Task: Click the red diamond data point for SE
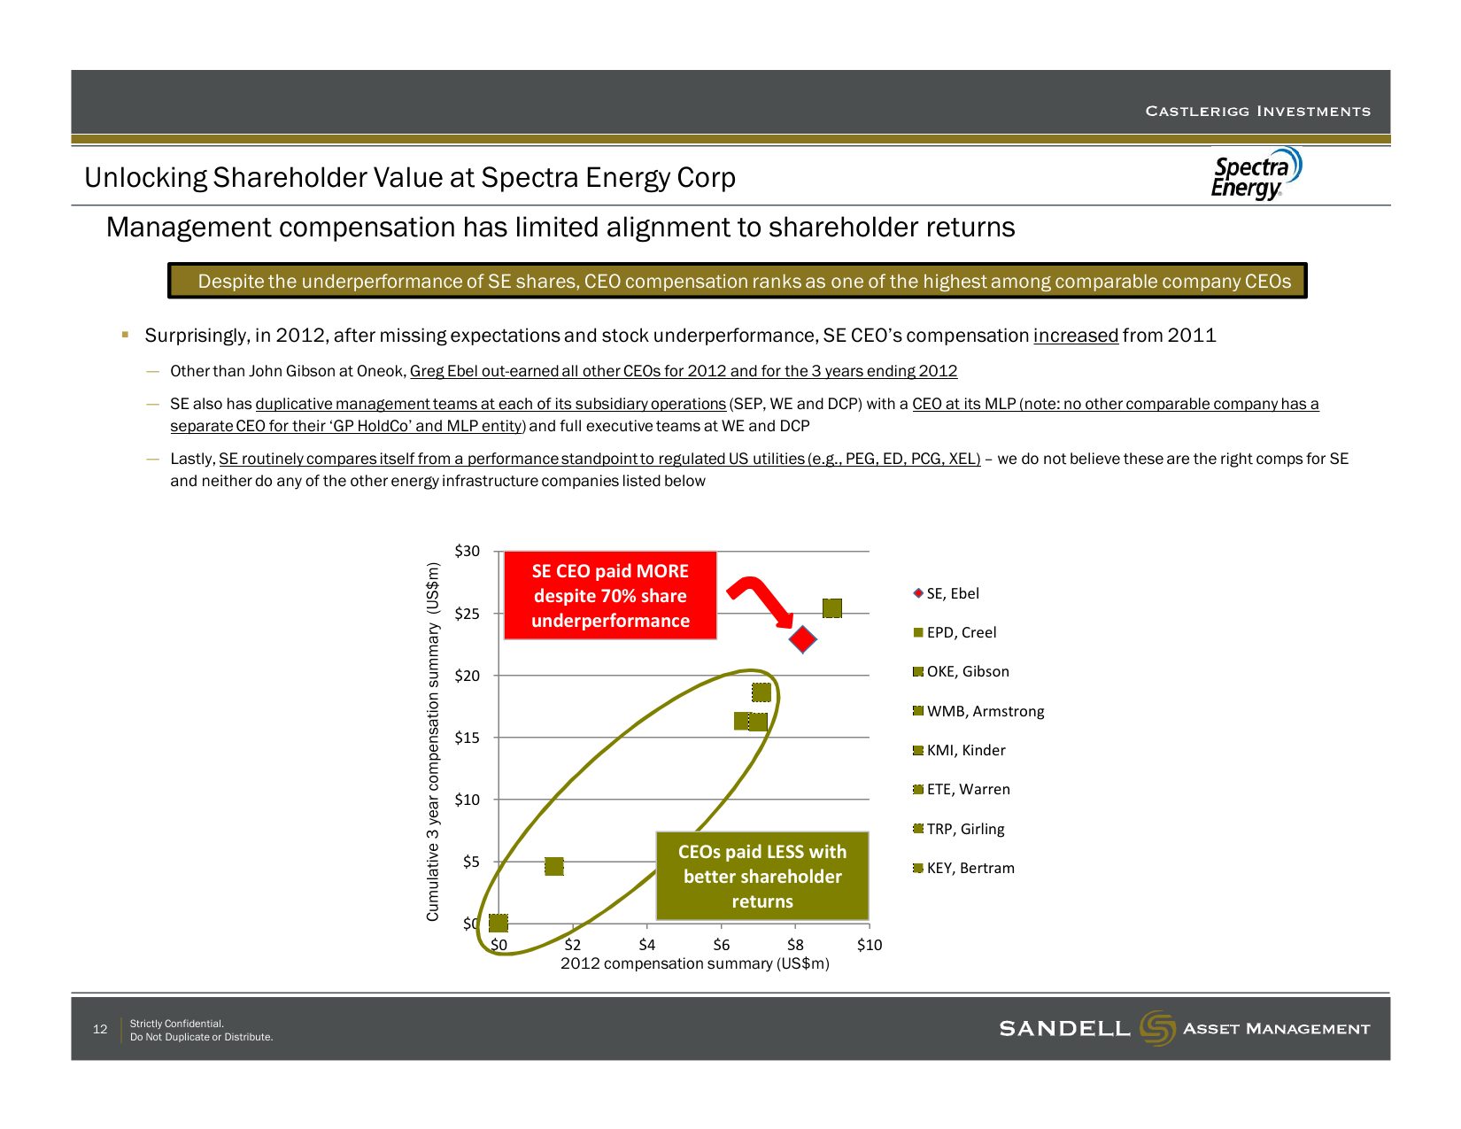click(802, 638)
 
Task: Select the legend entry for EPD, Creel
click(955, 632)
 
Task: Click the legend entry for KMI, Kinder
click(959, 750)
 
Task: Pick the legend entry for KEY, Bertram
click(963, 868)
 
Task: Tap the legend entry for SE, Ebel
click(946, 593)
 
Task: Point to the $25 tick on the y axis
click(468, 614)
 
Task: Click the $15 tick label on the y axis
click(468, 738)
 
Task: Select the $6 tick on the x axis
click(721, 945)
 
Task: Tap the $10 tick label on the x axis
click(870, 945)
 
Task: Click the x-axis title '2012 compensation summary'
click(695, 963)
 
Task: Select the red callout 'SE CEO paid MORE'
click(610, 595)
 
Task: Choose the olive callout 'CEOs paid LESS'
click(762, 876)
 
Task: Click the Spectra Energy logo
click(1256, 174)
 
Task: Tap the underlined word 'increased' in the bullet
click(1076, 335)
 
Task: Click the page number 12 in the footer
click(99, 1029)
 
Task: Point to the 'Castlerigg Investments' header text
click(1258, 111)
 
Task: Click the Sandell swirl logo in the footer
click(1157, 1028)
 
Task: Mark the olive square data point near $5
click(554, 866)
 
